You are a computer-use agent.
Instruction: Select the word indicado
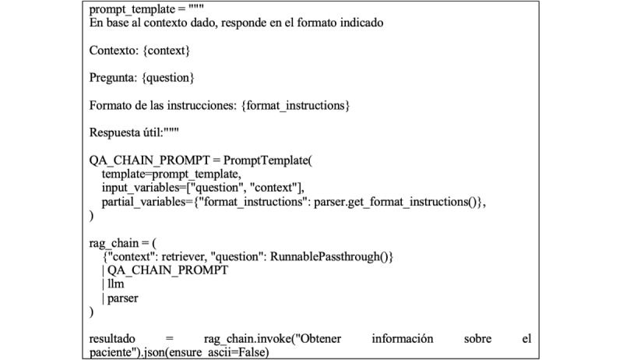[357, 23]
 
